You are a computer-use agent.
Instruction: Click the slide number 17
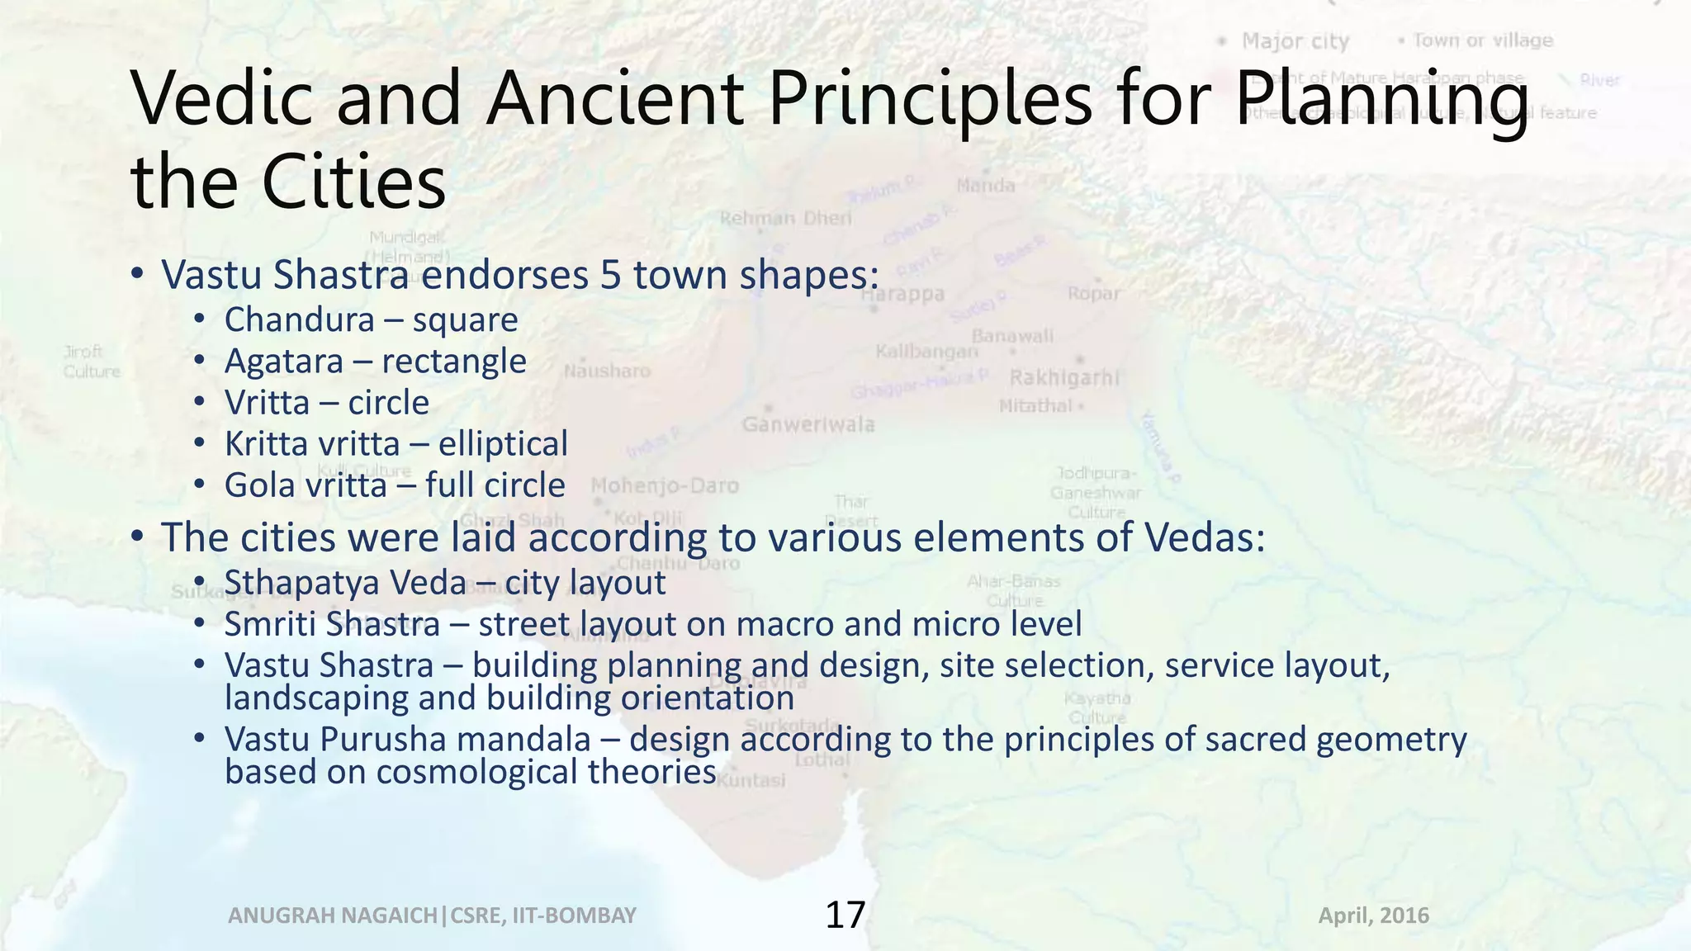[845, 915]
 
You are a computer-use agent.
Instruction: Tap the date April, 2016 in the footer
[1373, 916]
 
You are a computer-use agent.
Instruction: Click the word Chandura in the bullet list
[299, 320]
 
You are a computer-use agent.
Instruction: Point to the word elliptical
[503, 444]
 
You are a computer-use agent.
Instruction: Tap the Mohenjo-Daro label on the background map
[665, 485]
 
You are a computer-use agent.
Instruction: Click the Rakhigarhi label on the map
[1064, 378]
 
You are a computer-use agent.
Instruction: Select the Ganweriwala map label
[808, 424]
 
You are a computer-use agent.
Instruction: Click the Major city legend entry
[1295, 41]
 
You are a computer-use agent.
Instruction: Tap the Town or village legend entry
[1482, 40]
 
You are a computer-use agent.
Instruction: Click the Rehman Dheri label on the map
[785, 218]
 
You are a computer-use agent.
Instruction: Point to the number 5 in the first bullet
[610, 275]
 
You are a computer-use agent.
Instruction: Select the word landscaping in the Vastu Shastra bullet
[316, 698]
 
